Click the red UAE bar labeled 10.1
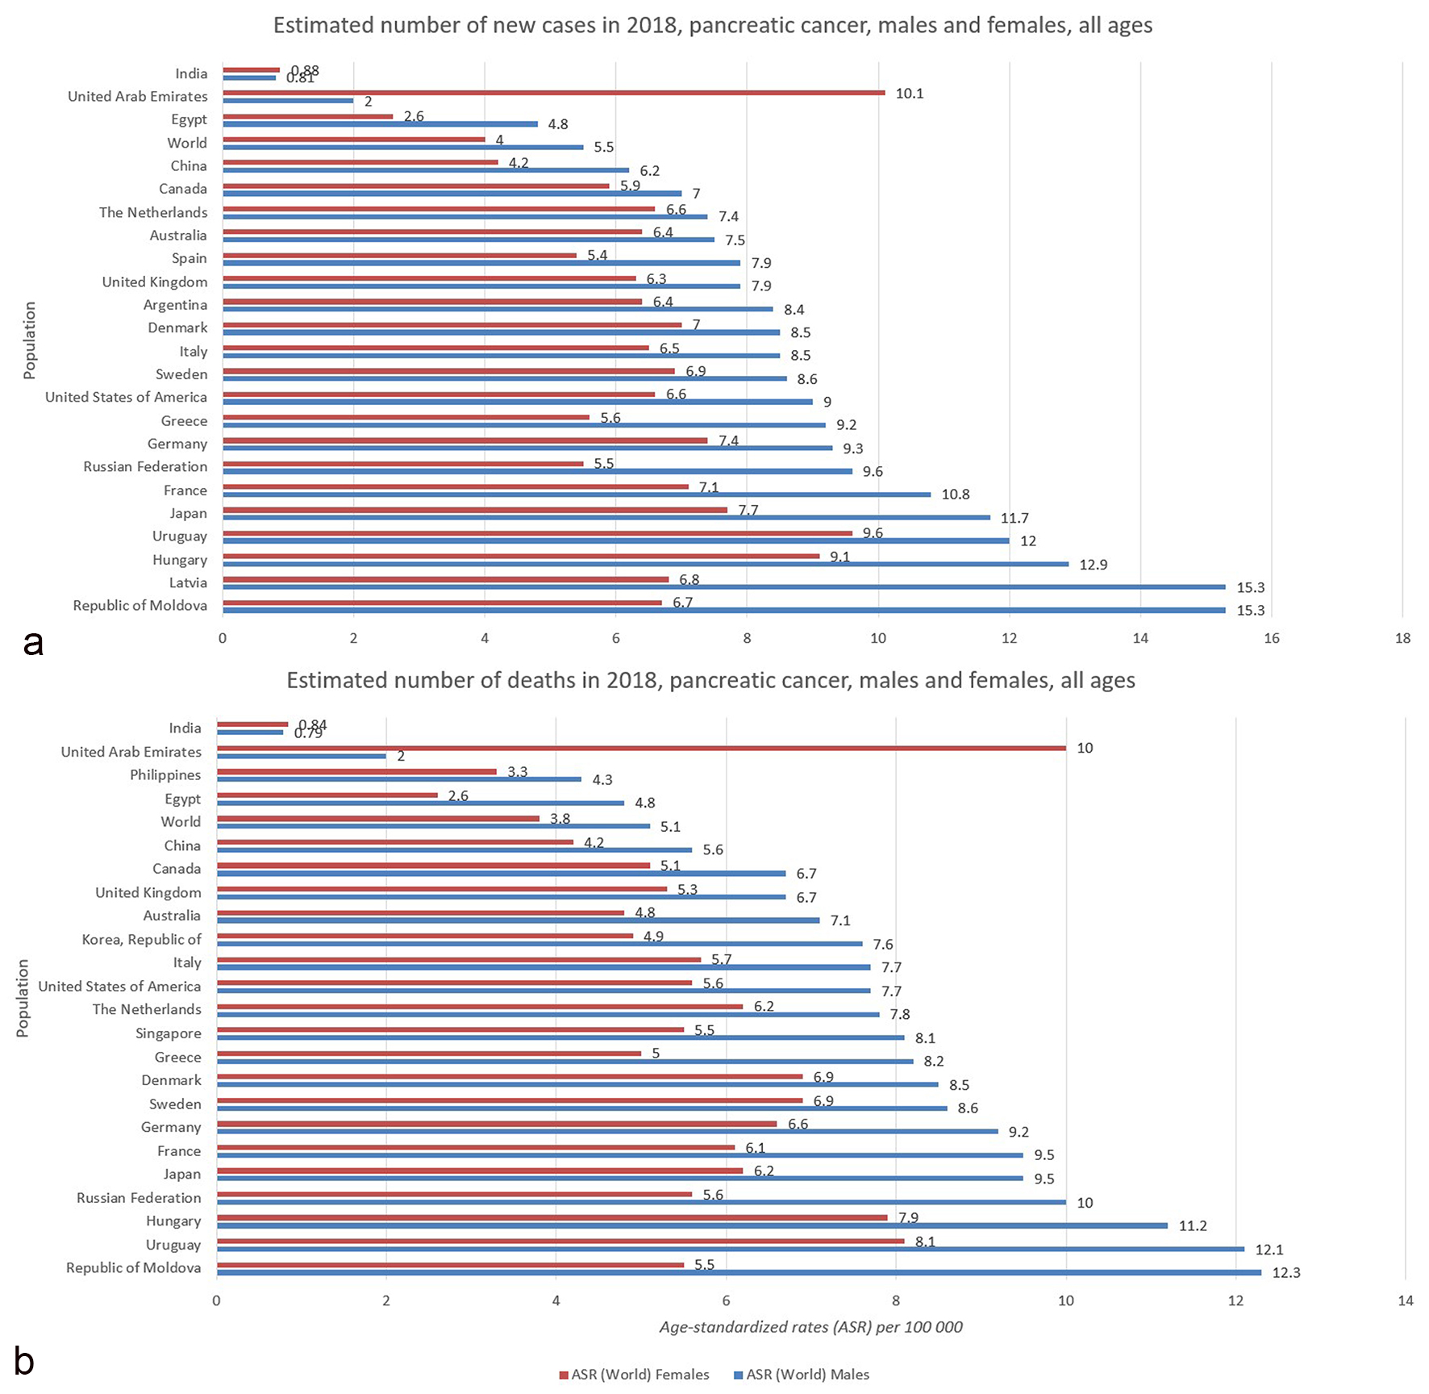point(553,93)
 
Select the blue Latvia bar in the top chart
point(723,587)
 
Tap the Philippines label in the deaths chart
point(165,775)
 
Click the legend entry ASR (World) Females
point(634,1375)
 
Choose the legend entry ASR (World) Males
point(802,1375)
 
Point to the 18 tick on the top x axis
point(1402,638)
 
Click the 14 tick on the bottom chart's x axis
point(1406,1300)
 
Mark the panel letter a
point(33,643)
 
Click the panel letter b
point(24,1360)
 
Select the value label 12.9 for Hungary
point(1093,565)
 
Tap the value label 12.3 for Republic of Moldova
point(1285,1273)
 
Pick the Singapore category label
point(168,1033)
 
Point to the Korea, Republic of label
point(141,940)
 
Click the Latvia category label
point(188,583)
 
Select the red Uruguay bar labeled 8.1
point(560,1242)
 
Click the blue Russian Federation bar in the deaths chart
point(641,1202)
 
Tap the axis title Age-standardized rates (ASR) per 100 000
point(810,1327)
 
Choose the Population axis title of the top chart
point(30,340)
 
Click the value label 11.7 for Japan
point(1014,518)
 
